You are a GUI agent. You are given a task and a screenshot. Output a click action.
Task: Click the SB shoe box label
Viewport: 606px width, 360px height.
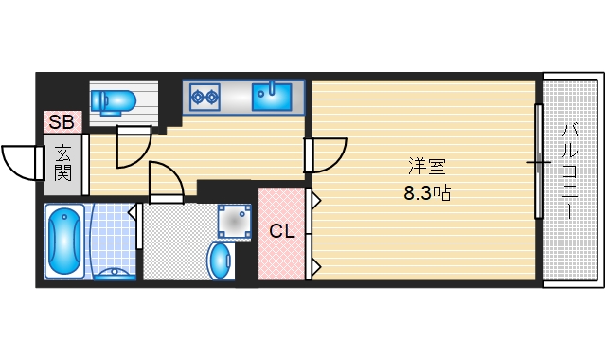point(62,121)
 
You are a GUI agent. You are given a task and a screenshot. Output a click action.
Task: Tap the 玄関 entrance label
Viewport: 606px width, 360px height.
point(62,162)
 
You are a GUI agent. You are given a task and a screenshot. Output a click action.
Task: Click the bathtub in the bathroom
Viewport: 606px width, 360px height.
point(63,242)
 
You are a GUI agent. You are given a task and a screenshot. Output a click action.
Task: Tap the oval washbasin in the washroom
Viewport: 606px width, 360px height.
point(221,260)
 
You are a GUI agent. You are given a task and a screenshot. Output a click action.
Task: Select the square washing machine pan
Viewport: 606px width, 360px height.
point(233,222)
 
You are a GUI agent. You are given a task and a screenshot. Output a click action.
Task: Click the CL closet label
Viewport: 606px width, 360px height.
point(280,231)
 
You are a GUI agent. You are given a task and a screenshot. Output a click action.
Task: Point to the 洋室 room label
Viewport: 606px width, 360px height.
point(427,168)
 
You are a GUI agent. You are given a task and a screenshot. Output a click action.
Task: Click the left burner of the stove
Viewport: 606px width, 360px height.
point(197,94)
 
